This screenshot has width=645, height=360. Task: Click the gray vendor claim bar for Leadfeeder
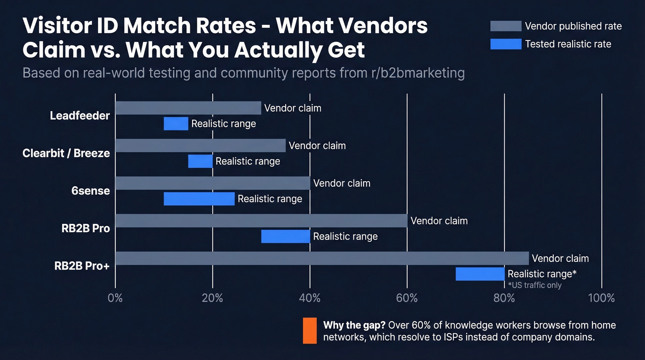click(x=188, y=108)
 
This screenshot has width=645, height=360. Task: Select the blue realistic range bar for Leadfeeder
click(x=176, y=124)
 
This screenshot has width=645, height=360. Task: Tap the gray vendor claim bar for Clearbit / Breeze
click(x=200, y=146)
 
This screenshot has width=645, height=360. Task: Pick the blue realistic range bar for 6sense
click(x=199, y=199)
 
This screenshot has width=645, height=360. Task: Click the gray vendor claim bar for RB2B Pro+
click(x=322, y=258)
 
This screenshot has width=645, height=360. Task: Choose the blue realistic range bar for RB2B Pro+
click(x=480, y=274)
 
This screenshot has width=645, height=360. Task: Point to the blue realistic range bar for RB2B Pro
click(x=286, y=236)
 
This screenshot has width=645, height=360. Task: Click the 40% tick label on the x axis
click(x=310, y=298)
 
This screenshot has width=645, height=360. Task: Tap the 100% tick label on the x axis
click(x=601, y=298)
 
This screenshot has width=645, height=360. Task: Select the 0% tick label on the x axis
click(x=115, y=298)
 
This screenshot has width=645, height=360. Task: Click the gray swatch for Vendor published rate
click(x=505, y=26)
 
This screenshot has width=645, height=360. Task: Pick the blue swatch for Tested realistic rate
click(x=505, y=44)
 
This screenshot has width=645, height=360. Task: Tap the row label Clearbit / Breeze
click(x=66, y=153)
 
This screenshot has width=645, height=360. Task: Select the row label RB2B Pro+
click(x=82, y=266)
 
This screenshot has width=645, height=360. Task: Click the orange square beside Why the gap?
click(x=310, y=330)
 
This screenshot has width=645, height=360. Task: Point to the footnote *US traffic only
click(x=534, y=285)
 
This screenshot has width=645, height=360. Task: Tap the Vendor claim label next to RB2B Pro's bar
click(x=439, y=221)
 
